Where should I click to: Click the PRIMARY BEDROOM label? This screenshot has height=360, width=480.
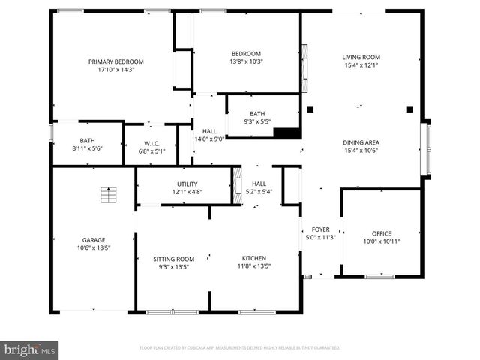(116, 61)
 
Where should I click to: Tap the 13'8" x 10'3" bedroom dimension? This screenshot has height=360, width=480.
(246, 62)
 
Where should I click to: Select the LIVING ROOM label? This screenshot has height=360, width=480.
(361, 57)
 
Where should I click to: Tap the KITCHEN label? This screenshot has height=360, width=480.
(253, 258)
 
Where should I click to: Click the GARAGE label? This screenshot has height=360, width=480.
(94, 240)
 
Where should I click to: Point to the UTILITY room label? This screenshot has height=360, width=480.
(187, 184)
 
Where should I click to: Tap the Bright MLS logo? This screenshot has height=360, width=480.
(29, 349)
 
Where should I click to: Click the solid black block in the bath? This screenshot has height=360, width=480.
(286, 133)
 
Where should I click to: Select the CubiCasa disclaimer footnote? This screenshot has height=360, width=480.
(240, 348)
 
